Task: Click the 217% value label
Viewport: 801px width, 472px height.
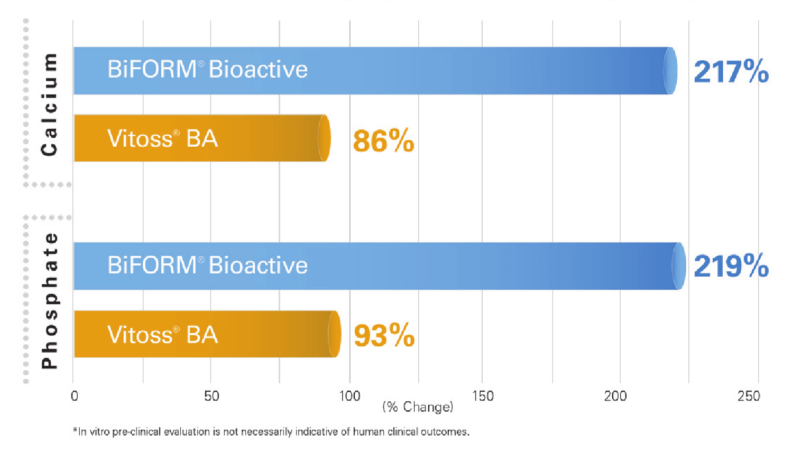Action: click(x=731, y=71)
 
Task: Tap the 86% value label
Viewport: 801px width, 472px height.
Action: click(x=383, y=141)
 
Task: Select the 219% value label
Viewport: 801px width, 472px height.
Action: click(x=731, y=266)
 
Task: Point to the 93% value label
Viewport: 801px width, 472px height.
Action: click(x=384, y=335)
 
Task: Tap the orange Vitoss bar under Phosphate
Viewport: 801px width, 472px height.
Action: click(x=264, y=334)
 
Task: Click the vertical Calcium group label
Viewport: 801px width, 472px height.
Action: click(x=49, y=104)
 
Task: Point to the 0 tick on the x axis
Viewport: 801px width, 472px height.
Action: click(x=74, y=396)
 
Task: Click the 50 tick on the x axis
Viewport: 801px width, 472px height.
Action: click(x=211, y=396)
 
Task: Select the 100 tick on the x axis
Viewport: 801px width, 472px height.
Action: click(x=349, y=396)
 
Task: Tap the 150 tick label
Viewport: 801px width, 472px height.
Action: click(x=483, y=396)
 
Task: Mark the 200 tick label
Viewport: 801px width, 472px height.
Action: click(x=615, y=396)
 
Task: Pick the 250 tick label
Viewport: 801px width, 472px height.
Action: click(x=749, y=396)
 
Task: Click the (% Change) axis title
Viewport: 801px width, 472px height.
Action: click(x=418, y=407)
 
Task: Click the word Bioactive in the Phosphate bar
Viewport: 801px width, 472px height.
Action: click(x=258, y=265)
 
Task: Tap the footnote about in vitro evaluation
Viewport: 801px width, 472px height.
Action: click(x=271, y=432)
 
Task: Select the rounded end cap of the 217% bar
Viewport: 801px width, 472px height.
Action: click(x=670, y=71)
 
